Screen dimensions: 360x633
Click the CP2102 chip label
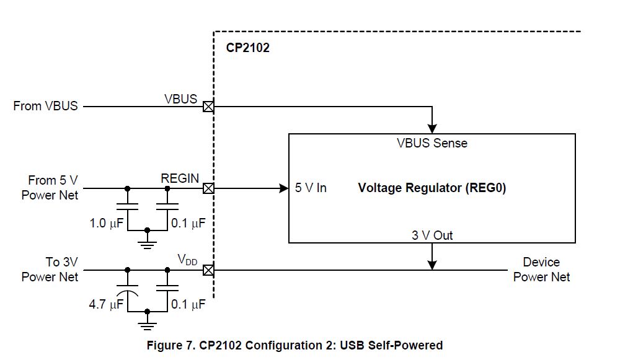[x=247, y=48]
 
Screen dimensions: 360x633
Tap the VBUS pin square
[x=209, y=107]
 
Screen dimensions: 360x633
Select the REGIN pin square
[x=209, y=188]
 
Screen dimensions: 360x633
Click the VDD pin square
[x=209, y=270]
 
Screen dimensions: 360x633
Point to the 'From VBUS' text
[x=46, y=106]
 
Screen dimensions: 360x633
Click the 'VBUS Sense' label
[x=432, y=143]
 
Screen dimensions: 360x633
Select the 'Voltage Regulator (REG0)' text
[x=432, y=188]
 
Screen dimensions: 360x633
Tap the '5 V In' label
[x=311, y=188]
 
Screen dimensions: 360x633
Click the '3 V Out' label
[x=432, y=235]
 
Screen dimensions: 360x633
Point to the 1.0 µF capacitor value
[x=107, y=223]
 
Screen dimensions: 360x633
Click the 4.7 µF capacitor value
[x=107, y=305]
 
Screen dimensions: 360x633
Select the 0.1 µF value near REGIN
[x=188, y=223]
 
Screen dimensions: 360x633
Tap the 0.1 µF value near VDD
[x=188, y=305]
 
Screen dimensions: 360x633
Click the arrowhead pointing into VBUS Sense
[x=433, y=128]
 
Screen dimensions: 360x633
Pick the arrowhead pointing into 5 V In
[x=283, y=188]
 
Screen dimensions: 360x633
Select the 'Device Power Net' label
[x=541, y=270]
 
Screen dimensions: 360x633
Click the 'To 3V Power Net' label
[x=50, y=270]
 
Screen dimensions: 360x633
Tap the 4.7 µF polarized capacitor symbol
[x=128, y=289]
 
